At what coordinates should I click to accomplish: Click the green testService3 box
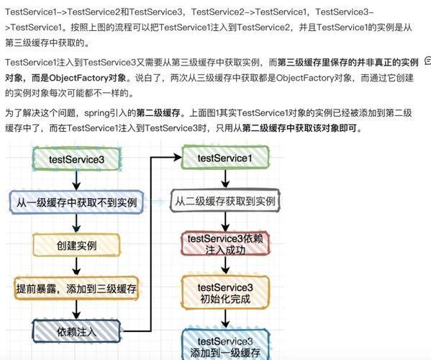click(77, 158)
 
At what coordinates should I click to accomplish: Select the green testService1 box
click(225, 158)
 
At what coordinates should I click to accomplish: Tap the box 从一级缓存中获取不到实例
click(77, 202)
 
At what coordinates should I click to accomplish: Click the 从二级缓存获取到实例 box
click(225, 200)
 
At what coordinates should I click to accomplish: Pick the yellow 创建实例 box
click(77, 245)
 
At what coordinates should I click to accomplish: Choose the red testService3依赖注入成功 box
click(225, 243)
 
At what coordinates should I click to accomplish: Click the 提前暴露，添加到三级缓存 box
click(76, 288)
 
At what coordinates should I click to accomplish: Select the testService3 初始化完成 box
click(225, 292)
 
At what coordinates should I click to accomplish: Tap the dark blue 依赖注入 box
click(77, 331)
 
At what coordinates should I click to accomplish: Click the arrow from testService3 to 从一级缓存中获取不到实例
click(77, 180)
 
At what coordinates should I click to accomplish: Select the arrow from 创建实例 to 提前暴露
click(77, 266)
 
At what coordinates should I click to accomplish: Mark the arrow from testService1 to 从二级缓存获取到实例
click(225, 179)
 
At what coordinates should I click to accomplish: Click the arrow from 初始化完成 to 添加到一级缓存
click(225, 319)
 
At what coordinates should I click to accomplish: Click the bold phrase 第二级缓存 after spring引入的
click(158, 113)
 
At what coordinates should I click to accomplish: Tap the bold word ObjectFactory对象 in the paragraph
click(87, 78)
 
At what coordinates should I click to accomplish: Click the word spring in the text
click(96, 113)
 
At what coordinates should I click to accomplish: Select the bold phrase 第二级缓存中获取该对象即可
click(299, 128)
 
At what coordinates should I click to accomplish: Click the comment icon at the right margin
click(428, 60)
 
